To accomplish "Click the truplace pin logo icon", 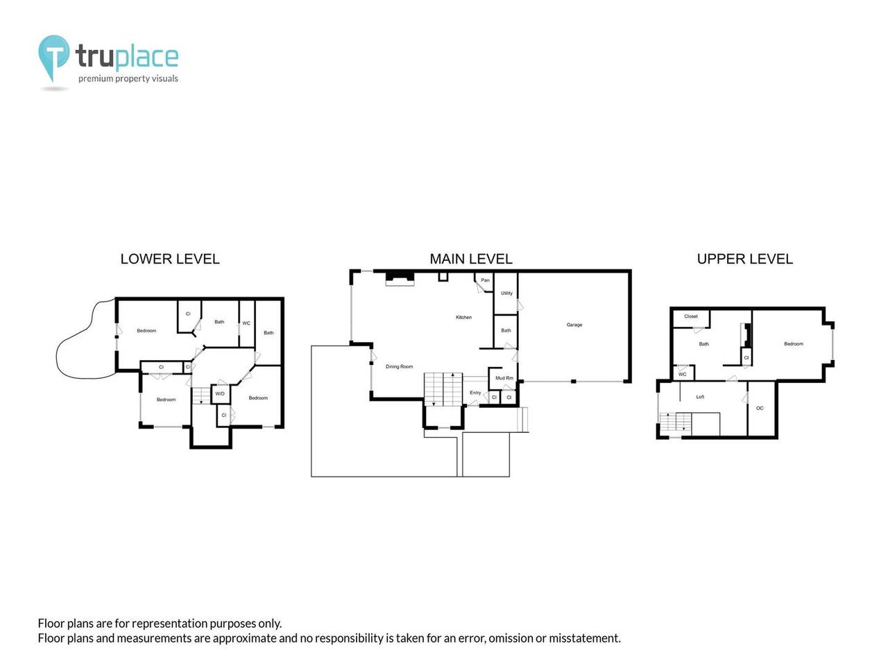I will [x=53, y=57].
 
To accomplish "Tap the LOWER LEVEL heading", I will [x=170, y=259].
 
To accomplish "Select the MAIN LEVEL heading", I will [x=471, y=259].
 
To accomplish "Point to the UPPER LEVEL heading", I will [x=744, y=259].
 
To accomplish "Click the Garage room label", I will [x=574, y=325].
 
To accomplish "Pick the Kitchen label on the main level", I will [x=463, y=317].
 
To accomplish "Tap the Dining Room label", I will [x=399, y=366].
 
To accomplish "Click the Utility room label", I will [x=506, y=293].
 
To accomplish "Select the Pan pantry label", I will [x=485, y=280].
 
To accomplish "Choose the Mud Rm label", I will [x=504, y=378].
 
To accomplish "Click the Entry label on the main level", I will [x=475, y=393].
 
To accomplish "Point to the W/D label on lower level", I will [x=220, y=393].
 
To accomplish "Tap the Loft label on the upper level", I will [x=700, y=397].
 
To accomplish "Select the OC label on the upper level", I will [x=760, y=408].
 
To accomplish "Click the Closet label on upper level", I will [x=691, y=316].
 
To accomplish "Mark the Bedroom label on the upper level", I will [x=794, y=343].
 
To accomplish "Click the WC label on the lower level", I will [x=246, y=323].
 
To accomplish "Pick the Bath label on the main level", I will [x=506, y=330].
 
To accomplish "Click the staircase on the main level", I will [x=443, y=389].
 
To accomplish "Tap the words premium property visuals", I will [x=128, y=78].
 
